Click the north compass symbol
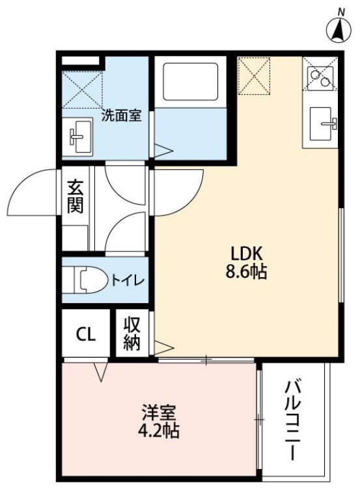[x=339, y=29]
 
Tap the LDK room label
[x=246, y=254]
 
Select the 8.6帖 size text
[x=246, y=272]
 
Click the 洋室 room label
[x=158, y=413]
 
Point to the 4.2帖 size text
[x=158, y=431]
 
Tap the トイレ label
[x=128, y=280]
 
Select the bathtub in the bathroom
[x=190, y=82]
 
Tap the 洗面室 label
[x=121, y=116]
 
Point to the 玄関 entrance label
[x=76, y=196]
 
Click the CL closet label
[x=86, y=334]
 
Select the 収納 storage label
[x=132, y=334]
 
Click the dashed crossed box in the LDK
[x=254, y=76]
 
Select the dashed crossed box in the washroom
[x=83, y=90]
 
